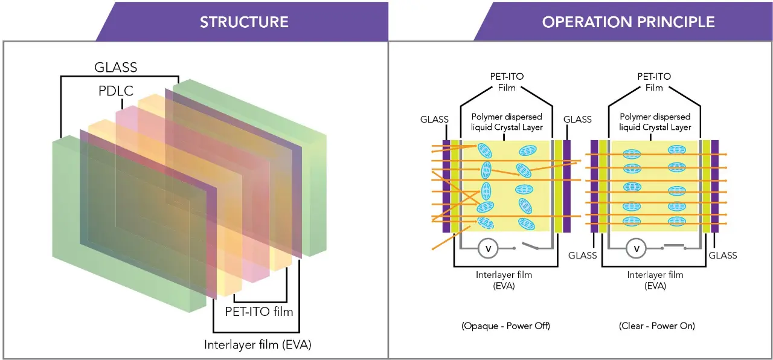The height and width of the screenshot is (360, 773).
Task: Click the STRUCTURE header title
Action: (244, 22)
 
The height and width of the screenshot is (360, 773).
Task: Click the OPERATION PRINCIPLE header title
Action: (628, 22)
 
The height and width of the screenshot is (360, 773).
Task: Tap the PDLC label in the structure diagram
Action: (115, 91)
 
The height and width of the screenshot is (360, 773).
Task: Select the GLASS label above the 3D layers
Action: (115, 67)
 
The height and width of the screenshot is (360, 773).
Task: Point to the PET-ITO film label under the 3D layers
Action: (259, 312)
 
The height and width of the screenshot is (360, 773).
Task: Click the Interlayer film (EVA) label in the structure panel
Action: (258, 344)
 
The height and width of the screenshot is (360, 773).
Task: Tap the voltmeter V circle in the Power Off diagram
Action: (488, 248)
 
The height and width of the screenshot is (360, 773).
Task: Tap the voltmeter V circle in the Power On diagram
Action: (637, 248)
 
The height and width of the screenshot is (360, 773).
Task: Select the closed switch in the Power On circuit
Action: (674, 246)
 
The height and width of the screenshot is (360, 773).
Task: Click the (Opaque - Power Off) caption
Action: (505, 326)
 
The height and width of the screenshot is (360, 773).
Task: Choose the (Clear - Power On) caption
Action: (656, 326)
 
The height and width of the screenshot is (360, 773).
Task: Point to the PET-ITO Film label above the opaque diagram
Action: (507, 82)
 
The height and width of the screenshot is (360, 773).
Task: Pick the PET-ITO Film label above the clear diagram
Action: (654, 82)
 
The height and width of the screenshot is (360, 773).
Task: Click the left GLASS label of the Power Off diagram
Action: (434, 120)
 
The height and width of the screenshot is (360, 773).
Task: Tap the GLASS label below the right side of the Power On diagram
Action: (723, 256)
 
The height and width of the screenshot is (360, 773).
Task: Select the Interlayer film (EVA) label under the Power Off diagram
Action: (504, 280)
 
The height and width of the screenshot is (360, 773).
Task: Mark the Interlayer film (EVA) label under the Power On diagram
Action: (655, 280)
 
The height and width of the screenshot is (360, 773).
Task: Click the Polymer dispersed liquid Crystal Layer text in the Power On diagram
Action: (655, 122)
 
